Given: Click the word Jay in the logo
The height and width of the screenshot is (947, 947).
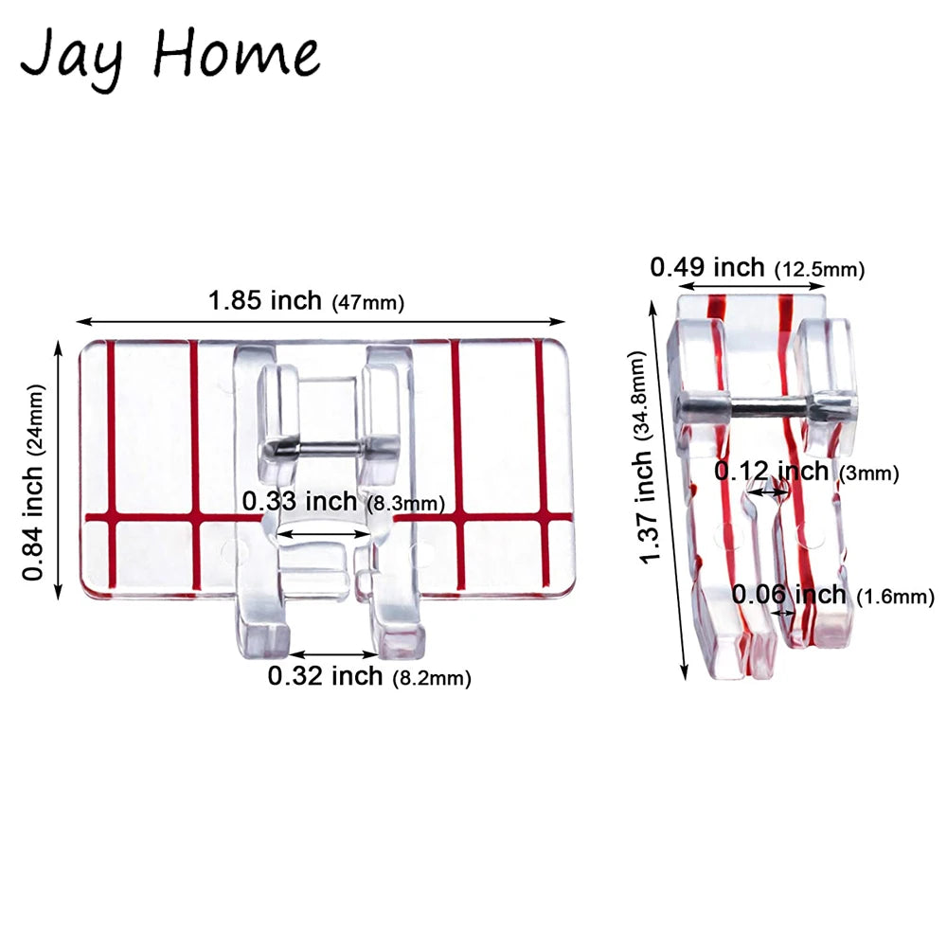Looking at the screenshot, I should coord(71,54).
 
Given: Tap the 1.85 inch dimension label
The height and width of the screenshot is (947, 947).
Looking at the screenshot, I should coord(266,301).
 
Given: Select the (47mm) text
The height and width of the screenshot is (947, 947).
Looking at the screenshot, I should coord(367,304).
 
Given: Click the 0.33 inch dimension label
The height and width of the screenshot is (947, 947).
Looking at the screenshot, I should coord(299,501).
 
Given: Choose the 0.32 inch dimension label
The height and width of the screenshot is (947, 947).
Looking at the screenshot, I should coord(325,676).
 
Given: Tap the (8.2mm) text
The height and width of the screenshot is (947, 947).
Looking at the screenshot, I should coord(431,678).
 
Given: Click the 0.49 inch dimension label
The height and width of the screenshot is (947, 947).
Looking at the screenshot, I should coord(707,268).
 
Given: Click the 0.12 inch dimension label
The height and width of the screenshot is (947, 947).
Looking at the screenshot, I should coord(772,471).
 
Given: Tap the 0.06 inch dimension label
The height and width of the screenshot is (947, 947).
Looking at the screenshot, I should coord(789,595).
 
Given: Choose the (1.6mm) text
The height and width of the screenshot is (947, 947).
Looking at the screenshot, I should coord(895,598).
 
